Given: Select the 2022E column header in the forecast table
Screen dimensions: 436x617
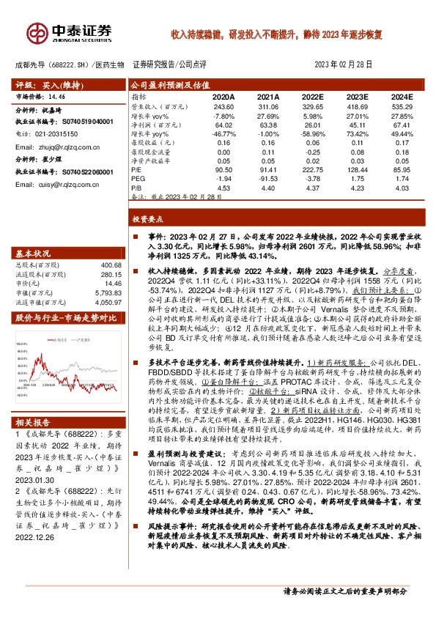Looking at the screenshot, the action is [x=311, y=97].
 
